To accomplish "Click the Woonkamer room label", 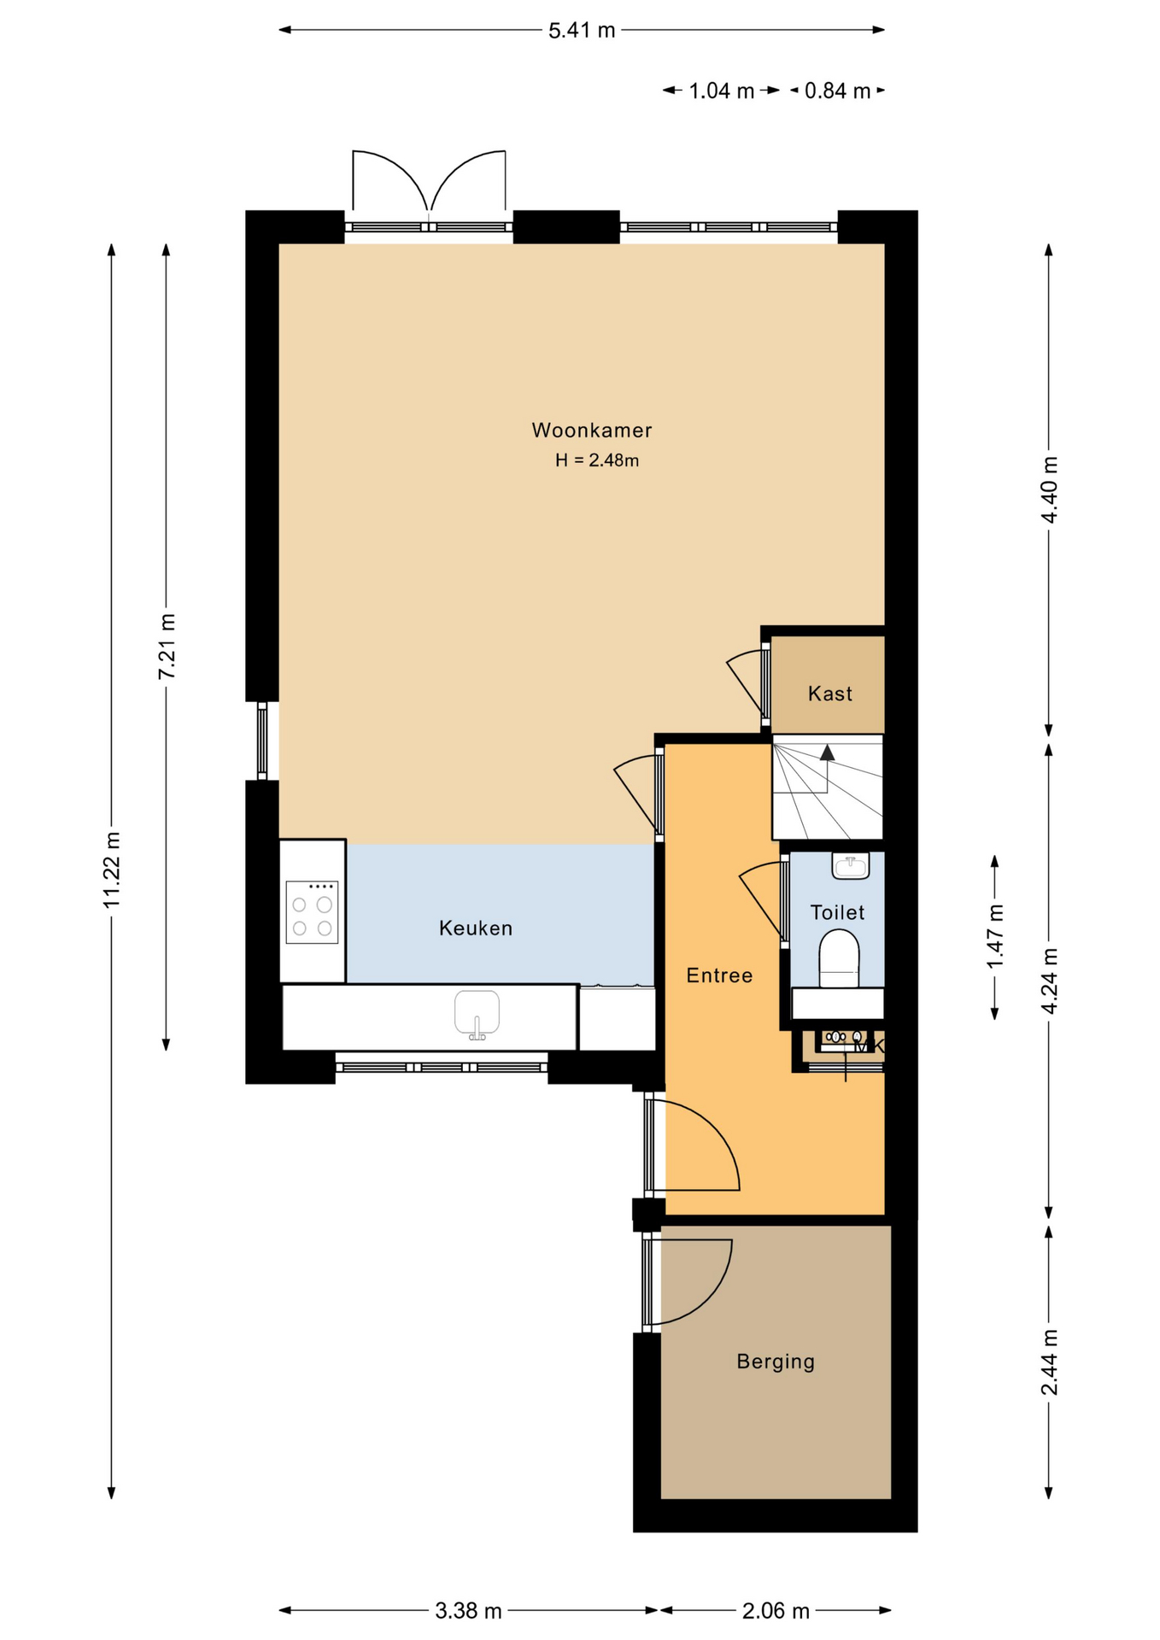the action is [x=591, y=430].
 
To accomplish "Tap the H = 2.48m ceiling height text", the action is [x=597, y=460].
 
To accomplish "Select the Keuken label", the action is [x=476, y=928].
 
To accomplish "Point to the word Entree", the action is [x=719, y=975].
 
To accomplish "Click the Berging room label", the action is [x=776, y=1362].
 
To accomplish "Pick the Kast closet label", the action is [x=830, y=694].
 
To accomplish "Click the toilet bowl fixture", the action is [x=839, y=959].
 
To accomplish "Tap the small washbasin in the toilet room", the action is [x=850, y=866].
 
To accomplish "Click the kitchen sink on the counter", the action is [x=477, y=1015].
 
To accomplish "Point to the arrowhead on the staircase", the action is [x=827, y=753].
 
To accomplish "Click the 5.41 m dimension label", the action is [x=582, y=31].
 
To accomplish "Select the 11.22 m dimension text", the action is [x=112, y=870].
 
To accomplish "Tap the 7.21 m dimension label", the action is [x=167, y=647].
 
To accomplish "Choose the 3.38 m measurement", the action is [x=468, y=1611].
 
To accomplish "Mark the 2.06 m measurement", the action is [x=776, y=1611].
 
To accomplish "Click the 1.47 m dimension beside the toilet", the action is [x=995, y=937].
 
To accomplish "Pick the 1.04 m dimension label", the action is [x=722, y=91].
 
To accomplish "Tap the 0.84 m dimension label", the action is [x=837, y=91].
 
